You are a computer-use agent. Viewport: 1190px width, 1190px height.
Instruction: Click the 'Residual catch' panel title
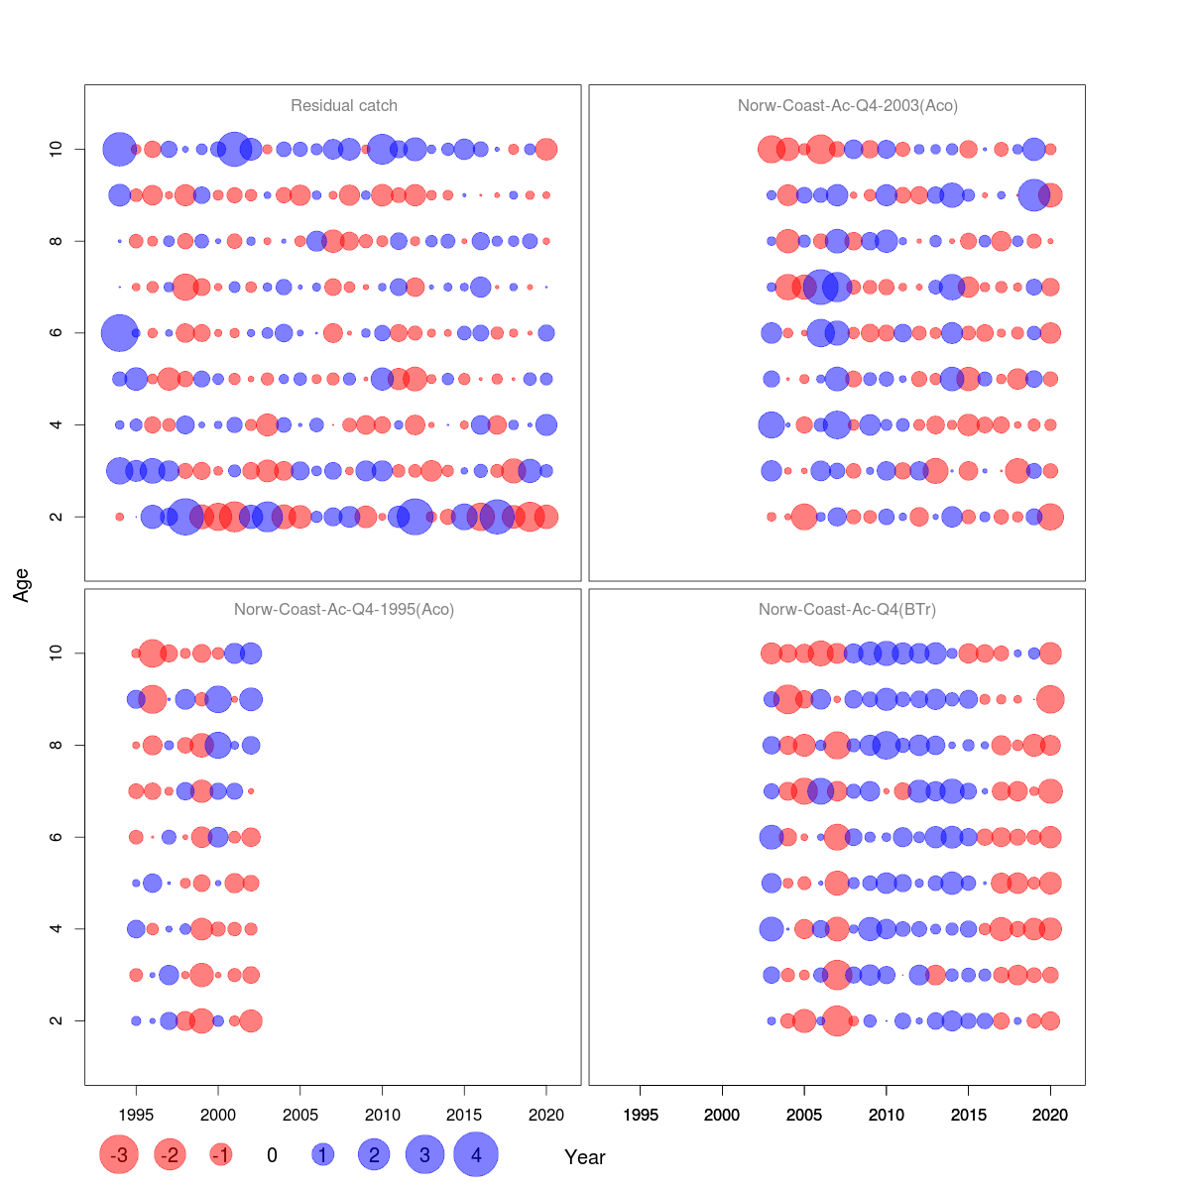point(344,105)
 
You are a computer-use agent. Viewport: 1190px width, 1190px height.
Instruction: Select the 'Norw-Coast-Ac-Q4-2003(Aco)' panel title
point(848,105)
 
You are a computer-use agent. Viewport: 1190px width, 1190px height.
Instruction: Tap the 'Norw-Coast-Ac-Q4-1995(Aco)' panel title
point(344,609)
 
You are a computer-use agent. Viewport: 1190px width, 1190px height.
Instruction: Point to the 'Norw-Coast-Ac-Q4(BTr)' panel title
point(848,609)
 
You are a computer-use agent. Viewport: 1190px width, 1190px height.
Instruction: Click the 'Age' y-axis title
point(22,585)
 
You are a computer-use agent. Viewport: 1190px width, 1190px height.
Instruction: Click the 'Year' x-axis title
point(585,1157)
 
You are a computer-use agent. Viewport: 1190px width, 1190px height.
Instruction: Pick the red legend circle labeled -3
point(119,1154)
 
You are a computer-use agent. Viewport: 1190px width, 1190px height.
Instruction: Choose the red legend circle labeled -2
point(171,1154)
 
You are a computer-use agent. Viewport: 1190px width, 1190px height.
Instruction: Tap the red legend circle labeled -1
point(221,1154)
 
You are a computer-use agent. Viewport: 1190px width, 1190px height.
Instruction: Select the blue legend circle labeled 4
point(476,1154)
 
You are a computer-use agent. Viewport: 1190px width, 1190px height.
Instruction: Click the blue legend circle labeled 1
point(322,1154)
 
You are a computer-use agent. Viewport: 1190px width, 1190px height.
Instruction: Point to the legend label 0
point(272,1155)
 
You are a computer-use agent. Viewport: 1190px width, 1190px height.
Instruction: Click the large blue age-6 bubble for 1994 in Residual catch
point(119,333)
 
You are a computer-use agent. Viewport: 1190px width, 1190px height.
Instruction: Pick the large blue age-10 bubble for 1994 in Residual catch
point(119,150)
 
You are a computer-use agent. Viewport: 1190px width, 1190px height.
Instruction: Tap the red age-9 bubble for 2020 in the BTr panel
point(1050,699)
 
